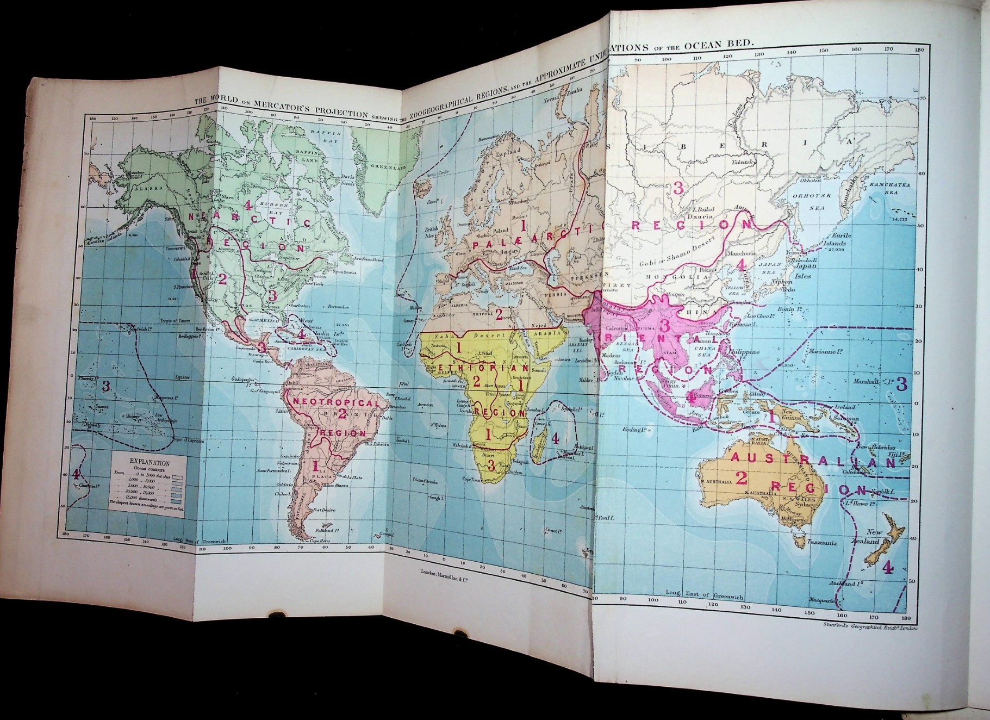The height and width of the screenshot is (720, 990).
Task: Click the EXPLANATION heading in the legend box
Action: [150, 463]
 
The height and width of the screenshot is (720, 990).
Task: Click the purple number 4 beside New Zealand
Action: [887, 567]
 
